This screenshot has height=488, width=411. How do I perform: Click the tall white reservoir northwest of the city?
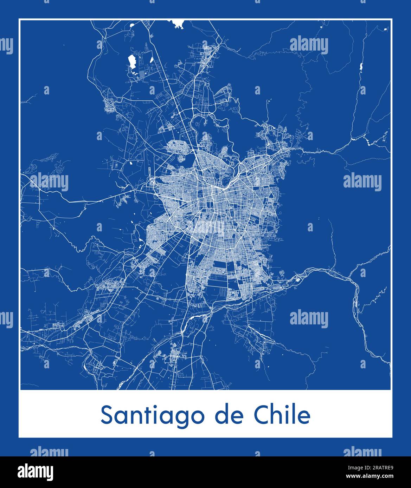coord(123,62)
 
